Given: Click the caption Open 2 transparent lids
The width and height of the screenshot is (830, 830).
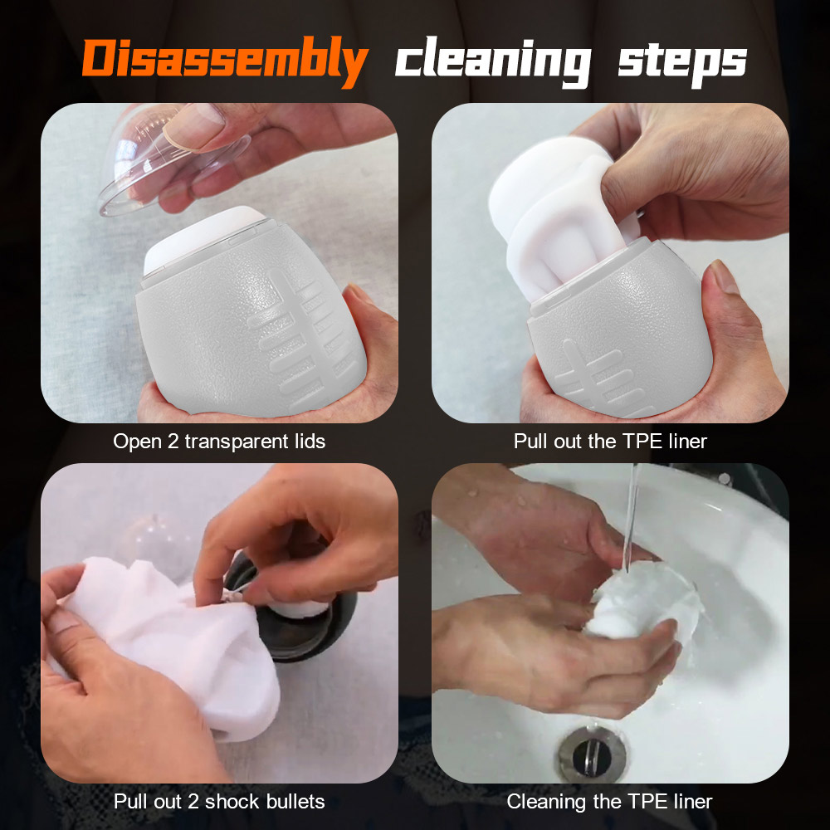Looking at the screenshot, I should [x=219, y=442].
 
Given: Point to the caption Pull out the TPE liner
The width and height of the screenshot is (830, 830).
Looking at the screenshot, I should [x=610, y=442].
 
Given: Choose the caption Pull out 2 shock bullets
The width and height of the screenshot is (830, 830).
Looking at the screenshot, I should [x=219, y=802].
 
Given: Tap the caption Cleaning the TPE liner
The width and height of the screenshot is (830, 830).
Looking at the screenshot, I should [x=610, y=802].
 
